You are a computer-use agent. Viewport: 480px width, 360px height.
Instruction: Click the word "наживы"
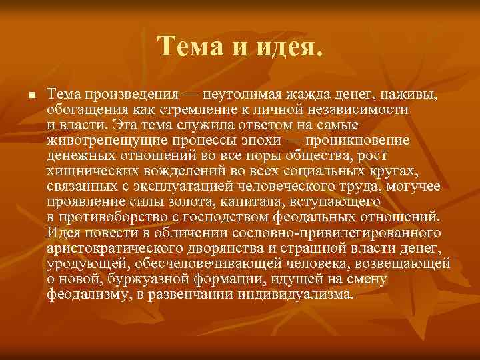click(410, 94)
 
